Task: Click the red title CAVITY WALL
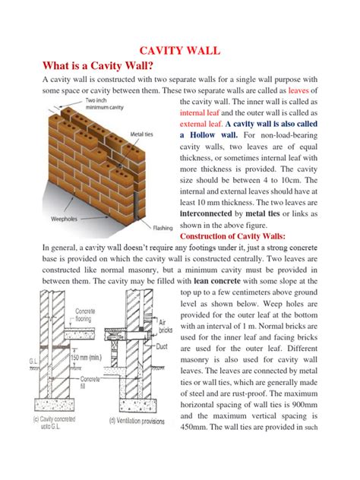click(x=179, y=51)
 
